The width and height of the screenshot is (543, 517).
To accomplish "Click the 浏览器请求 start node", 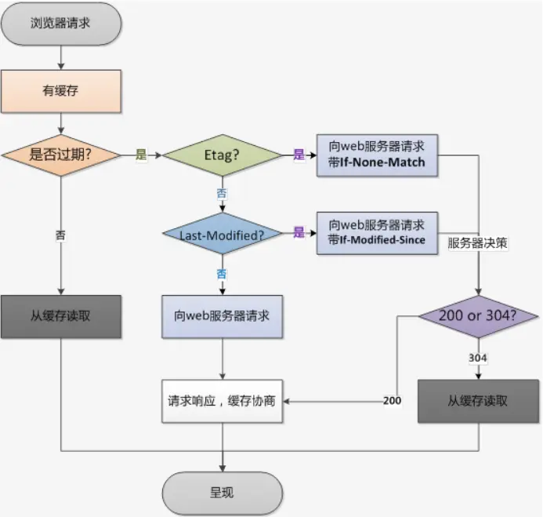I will coord(61,22).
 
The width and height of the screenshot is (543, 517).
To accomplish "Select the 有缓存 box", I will coord(61,90).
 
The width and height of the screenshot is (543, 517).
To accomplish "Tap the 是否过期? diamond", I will coord(61,155).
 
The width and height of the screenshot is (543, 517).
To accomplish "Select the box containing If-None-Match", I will coord(378,154).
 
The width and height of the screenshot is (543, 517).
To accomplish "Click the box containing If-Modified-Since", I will coord(378,232).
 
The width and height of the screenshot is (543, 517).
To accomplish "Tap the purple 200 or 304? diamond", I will coord(478,317).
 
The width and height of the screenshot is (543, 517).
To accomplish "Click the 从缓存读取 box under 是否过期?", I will coord(61,316).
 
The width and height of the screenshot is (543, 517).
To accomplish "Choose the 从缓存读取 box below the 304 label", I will coord(478,400).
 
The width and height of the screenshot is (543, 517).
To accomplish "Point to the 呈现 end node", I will coord(222,493).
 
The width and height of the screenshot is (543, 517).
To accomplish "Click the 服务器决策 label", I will coord(478,243).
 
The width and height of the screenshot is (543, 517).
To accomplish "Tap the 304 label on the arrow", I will coord(478,358).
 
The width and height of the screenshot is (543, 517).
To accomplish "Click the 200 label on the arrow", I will coord(392,401).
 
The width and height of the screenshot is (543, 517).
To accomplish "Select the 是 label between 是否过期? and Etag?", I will coord(141,155).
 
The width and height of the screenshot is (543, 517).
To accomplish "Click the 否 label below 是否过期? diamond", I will coord(61,235).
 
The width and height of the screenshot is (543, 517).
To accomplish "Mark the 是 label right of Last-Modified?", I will coord(299,233).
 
